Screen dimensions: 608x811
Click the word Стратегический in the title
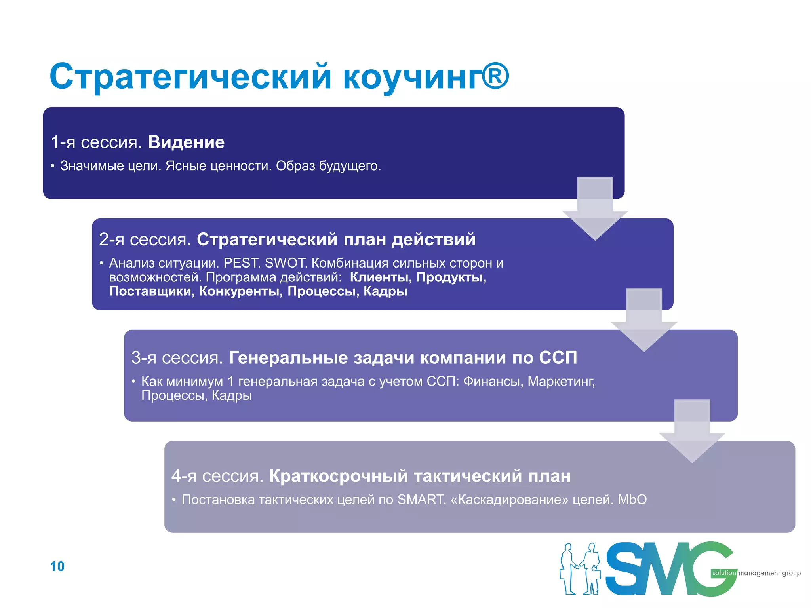click(x=190, y=77)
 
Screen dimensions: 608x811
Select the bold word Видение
click(x=186, y=142)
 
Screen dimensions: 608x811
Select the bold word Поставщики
click(x=151, y=291)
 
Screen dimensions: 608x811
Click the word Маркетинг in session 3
click(x=561, y=381)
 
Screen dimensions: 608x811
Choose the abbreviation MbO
click(x=632, y=500)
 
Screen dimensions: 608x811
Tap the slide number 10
click(x=57, y=566)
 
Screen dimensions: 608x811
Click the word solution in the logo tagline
click(x=723, y=573)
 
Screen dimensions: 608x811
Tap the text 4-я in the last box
click(x=184, y=476)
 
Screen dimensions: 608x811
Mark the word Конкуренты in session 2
click(x=241, y=291)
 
